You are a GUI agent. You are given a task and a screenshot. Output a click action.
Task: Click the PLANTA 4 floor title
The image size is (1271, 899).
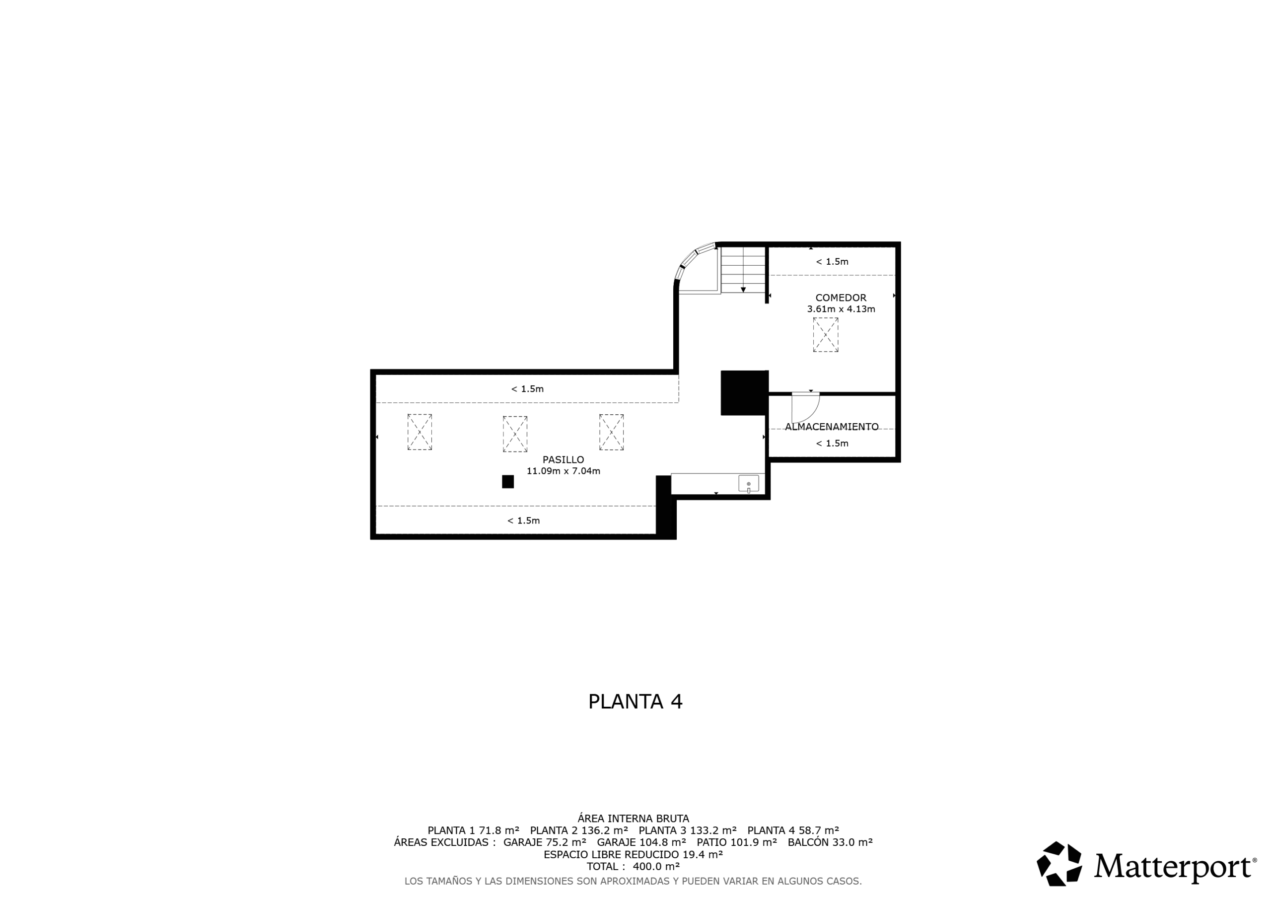[x=635, y=702]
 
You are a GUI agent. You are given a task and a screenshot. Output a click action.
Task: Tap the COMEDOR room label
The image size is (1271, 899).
[x=841, y=298]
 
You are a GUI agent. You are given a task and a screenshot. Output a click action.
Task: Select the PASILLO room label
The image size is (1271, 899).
[x=563, y=459]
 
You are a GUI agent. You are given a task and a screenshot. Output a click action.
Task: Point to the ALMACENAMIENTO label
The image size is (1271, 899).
[x=832, y=427]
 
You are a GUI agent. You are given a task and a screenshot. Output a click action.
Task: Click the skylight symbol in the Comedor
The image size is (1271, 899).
[x=825, y=335]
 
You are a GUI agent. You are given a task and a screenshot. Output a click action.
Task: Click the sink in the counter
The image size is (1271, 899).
[x=748, y=484]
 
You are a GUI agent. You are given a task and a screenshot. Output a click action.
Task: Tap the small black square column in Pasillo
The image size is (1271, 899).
[x=507, y=482]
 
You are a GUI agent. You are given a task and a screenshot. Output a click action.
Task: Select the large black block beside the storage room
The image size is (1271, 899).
[x=744, y=393]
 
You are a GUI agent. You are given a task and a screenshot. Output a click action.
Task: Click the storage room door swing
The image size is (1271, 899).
[x=805, y=408]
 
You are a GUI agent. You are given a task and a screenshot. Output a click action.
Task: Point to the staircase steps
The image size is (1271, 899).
[x=743, y=270]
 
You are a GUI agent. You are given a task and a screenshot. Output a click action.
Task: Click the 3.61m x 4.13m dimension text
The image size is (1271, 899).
[x=841, y=309]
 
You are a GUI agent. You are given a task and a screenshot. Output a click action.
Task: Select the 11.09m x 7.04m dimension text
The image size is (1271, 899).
[x=563, y=471]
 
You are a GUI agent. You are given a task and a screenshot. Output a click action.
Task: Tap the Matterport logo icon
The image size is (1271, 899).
[x=1059, y=864]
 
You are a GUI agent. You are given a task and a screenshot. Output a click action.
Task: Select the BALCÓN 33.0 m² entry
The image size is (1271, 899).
[x=830, y=842]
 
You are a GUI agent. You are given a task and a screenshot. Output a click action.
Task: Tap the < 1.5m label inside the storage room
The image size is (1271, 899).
[x=832, y=443]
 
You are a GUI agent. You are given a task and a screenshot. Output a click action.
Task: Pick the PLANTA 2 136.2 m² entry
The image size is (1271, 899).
[x=579, y=830]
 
